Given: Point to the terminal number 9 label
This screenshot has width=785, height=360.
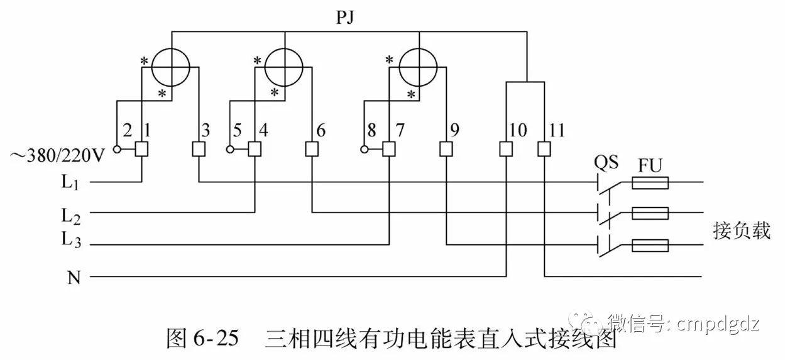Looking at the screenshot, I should [454, 131].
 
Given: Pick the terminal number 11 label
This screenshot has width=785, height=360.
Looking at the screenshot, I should [555, 131].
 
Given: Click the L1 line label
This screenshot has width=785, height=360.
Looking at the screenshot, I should [70, 184].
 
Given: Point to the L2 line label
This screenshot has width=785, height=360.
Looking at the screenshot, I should [70, 215].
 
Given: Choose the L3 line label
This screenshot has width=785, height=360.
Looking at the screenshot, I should [71, 240].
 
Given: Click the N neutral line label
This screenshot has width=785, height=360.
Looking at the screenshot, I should [74, 277].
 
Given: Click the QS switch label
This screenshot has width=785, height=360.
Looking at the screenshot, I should [606, 162].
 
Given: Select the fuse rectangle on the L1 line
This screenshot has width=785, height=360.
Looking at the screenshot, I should [649, 183].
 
